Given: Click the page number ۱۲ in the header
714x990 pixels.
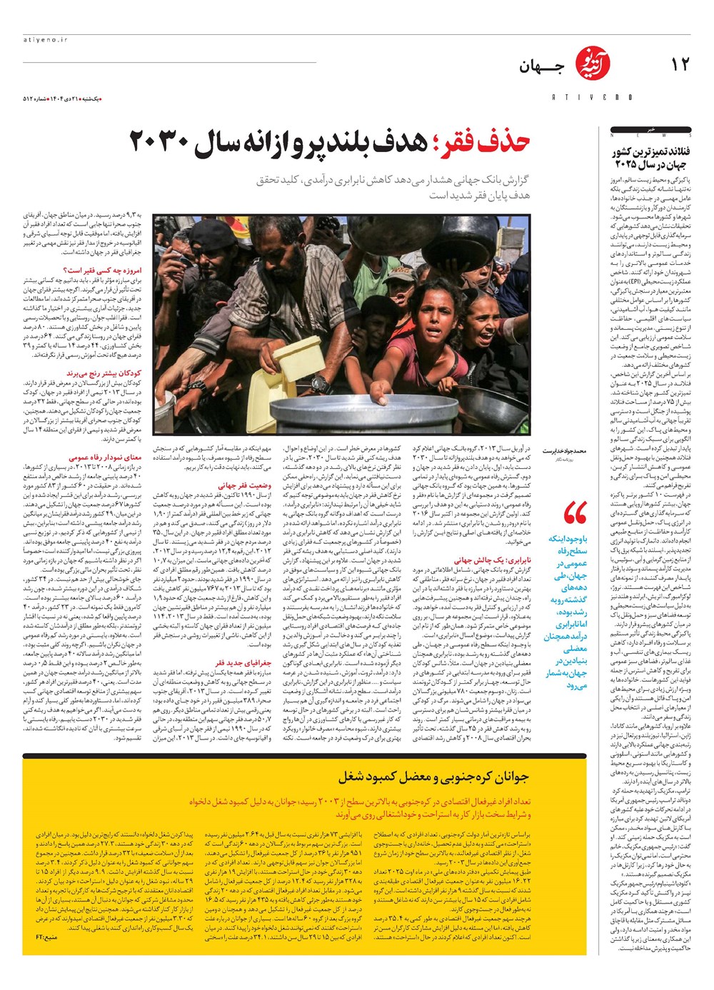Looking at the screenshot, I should point(680,65).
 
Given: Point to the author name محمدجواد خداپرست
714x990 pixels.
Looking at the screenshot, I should point(564,451).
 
